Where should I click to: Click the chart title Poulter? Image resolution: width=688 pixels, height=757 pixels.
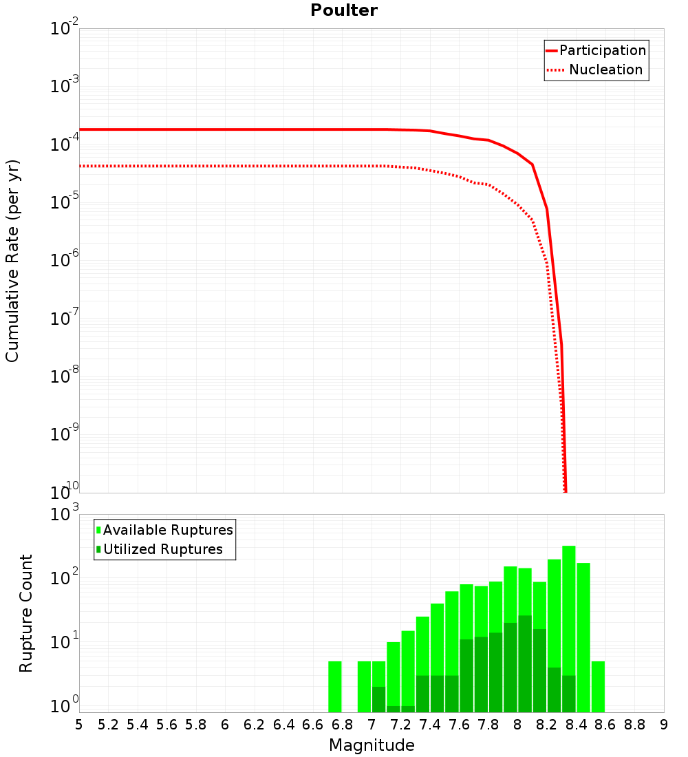[x=344, y=10]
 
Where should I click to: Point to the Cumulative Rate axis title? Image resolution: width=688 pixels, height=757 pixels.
[x=12, y=261]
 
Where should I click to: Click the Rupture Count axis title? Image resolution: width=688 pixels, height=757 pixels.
[x=26, y=613]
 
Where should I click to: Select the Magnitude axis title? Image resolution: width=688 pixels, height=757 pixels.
[x=372, y=745]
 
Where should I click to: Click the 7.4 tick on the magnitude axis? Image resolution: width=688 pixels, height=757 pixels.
[x=430, y=725]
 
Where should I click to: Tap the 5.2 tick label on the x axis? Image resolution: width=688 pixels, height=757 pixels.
[x=109, y=725]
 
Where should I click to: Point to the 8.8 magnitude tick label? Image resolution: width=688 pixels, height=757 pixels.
[x=634, y=725]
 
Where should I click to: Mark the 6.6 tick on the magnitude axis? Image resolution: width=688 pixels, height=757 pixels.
[x=313, y=725]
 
